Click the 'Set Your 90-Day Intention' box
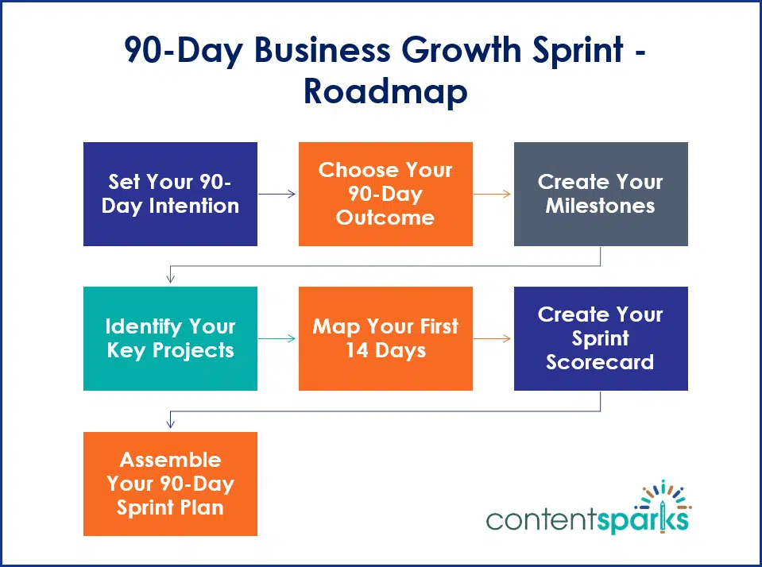[170, 194]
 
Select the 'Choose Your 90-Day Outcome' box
[385, 194]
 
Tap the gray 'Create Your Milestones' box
[601, 194]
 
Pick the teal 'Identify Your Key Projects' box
[170, 338]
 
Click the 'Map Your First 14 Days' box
[385, 338]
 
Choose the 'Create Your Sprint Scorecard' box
[601, 338]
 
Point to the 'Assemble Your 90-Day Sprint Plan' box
[170, 483]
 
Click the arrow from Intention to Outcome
[277, 194]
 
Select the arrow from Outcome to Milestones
[493, 194]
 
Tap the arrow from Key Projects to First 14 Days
[277, 338]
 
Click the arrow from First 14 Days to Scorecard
[493, 338]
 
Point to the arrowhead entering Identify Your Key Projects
[170, 278]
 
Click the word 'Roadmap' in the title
[385, 91]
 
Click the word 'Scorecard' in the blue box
[601, 362]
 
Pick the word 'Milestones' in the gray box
[601, 206]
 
